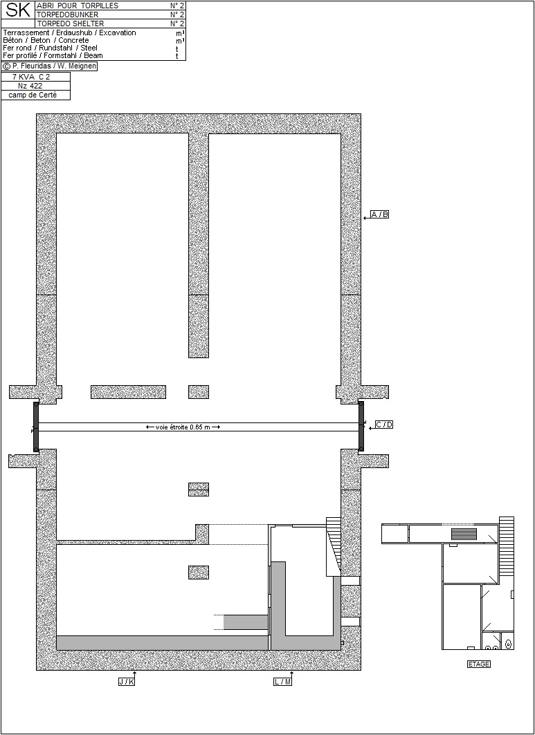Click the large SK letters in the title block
(18, 10)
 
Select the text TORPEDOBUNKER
(68, 15)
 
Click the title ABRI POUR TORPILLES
(78, 6)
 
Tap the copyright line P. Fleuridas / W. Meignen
(49, 66)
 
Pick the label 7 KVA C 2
(31, 77)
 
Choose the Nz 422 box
(30, 86)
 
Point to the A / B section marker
(380, 214)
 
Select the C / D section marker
(384, 425)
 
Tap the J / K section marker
(127, 682)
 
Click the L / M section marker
(282, 682)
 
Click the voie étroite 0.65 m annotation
(183, 427)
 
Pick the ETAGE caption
(479, 664)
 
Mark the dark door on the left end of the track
(36, 427)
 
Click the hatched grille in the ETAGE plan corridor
(464, 534)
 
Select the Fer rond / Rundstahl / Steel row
(51, 48)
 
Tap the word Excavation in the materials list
(118, 32)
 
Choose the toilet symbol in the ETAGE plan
(508, 644)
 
